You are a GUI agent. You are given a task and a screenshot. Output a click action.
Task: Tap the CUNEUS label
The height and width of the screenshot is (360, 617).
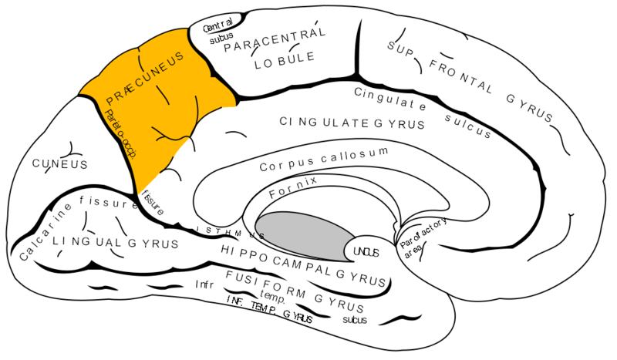(x=59, y=164)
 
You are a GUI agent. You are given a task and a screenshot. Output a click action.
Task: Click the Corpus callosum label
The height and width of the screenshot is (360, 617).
(x=323, y=159)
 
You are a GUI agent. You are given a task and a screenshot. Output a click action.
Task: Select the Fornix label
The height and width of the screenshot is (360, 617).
(x=293, y=188)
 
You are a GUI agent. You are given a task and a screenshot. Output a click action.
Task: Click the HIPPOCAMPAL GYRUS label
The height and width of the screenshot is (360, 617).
(x=303, y=258)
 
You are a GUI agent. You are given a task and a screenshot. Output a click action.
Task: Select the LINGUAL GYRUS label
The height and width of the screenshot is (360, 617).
(x=116, y=244)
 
